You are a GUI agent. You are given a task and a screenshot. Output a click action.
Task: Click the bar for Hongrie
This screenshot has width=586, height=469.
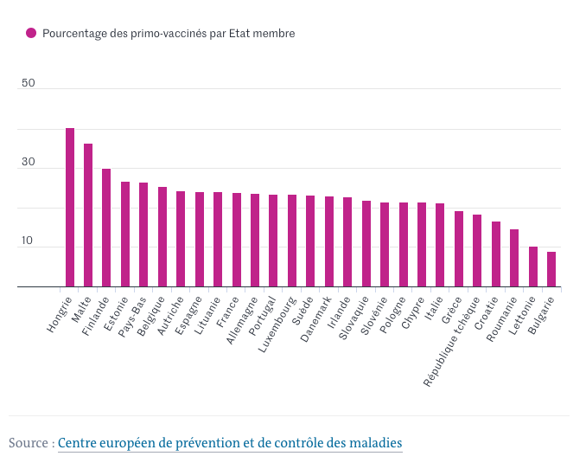70,208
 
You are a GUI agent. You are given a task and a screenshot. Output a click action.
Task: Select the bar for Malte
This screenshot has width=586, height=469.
88,215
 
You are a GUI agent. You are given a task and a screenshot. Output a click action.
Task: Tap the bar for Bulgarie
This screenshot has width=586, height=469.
551,269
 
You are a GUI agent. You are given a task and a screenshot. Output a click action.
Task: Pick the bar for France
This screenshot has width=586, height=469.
237,240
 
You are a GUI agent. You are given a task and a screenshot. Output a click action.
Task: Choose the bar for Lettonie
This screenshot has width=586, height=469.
533,267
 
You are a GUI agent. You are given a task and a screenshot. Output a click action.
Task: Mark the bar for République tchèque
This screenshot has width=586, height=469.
477,251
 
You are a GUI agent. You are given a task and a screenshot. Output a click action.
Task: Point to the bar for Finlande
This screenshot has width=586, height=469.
106,228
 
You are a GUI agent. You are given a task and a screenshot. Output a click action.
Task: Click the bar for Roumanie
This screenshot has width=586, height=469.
514,258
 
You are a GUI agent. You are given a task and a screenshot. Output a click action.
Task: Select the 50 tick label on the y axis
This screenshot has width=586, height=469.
29,83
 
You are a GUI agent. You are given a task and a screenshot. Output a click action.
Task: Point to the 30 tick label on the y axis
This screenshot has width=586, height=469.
29,163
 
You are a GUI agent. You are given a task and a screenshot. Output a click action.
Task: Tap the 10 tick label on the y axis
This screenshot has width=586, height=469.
29,241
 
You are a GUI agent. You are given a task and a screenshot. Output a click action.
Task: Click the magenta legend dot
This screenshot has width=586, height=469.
31,33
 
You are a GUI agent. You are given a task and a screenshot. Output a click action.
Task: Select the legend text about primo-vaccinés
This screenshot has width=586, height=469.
169,33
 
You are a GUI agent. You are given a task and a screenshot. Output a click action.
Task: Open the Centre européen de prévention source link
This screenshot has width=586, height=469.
230,443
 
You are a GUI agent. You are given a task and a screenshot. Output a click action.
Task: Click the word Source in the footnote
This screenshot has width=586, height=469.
29,443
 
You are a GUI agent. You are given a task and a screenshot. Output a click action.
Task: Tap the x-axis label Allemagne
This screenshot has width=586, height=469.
243,319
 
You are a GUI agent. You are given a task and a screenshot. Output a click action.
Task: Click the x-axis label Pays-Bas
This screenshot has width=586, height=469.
133,316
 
